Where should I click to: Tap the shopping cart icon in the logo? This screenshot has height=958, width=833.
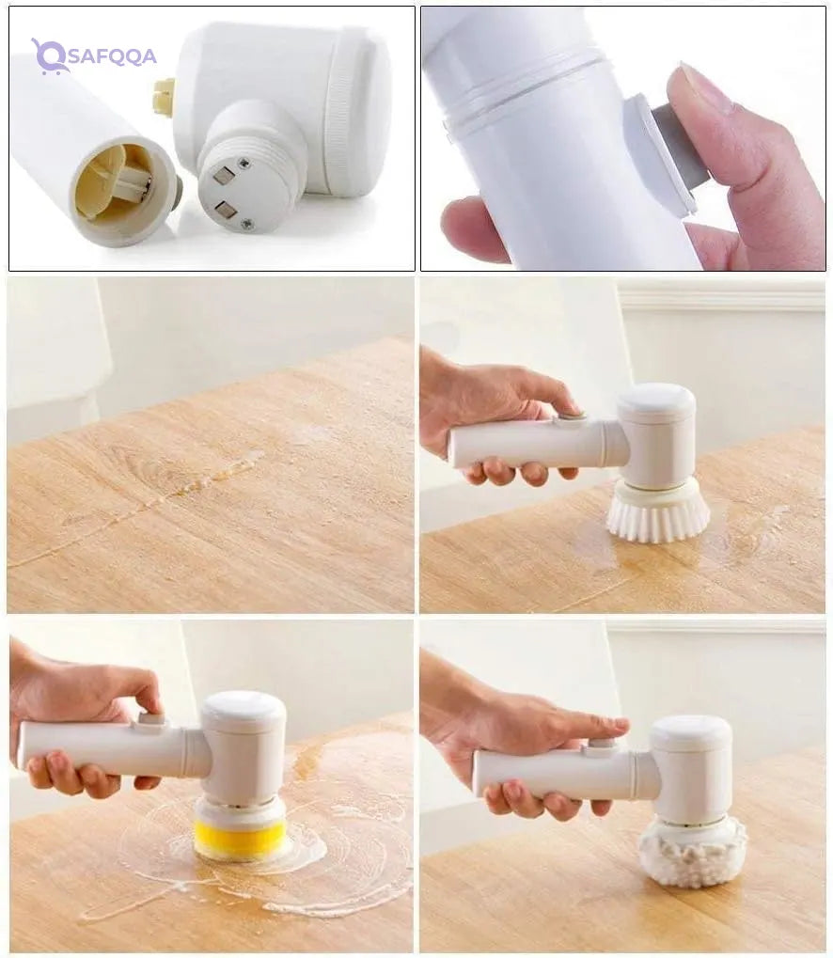point(49,56)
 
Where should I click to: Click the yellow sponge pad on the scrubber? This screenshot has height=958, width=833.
point(240,839)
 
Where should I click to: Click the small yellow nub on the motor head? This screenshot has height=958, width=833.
point(165,97)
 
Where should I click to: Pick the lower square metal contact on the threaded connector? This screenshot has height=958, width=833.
point(225,209)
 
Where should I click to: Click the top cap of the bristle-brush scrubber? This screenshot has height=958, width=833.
point(656,401)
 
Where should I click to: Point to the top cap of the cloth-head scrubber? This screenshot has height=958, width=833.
point(691,733)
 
